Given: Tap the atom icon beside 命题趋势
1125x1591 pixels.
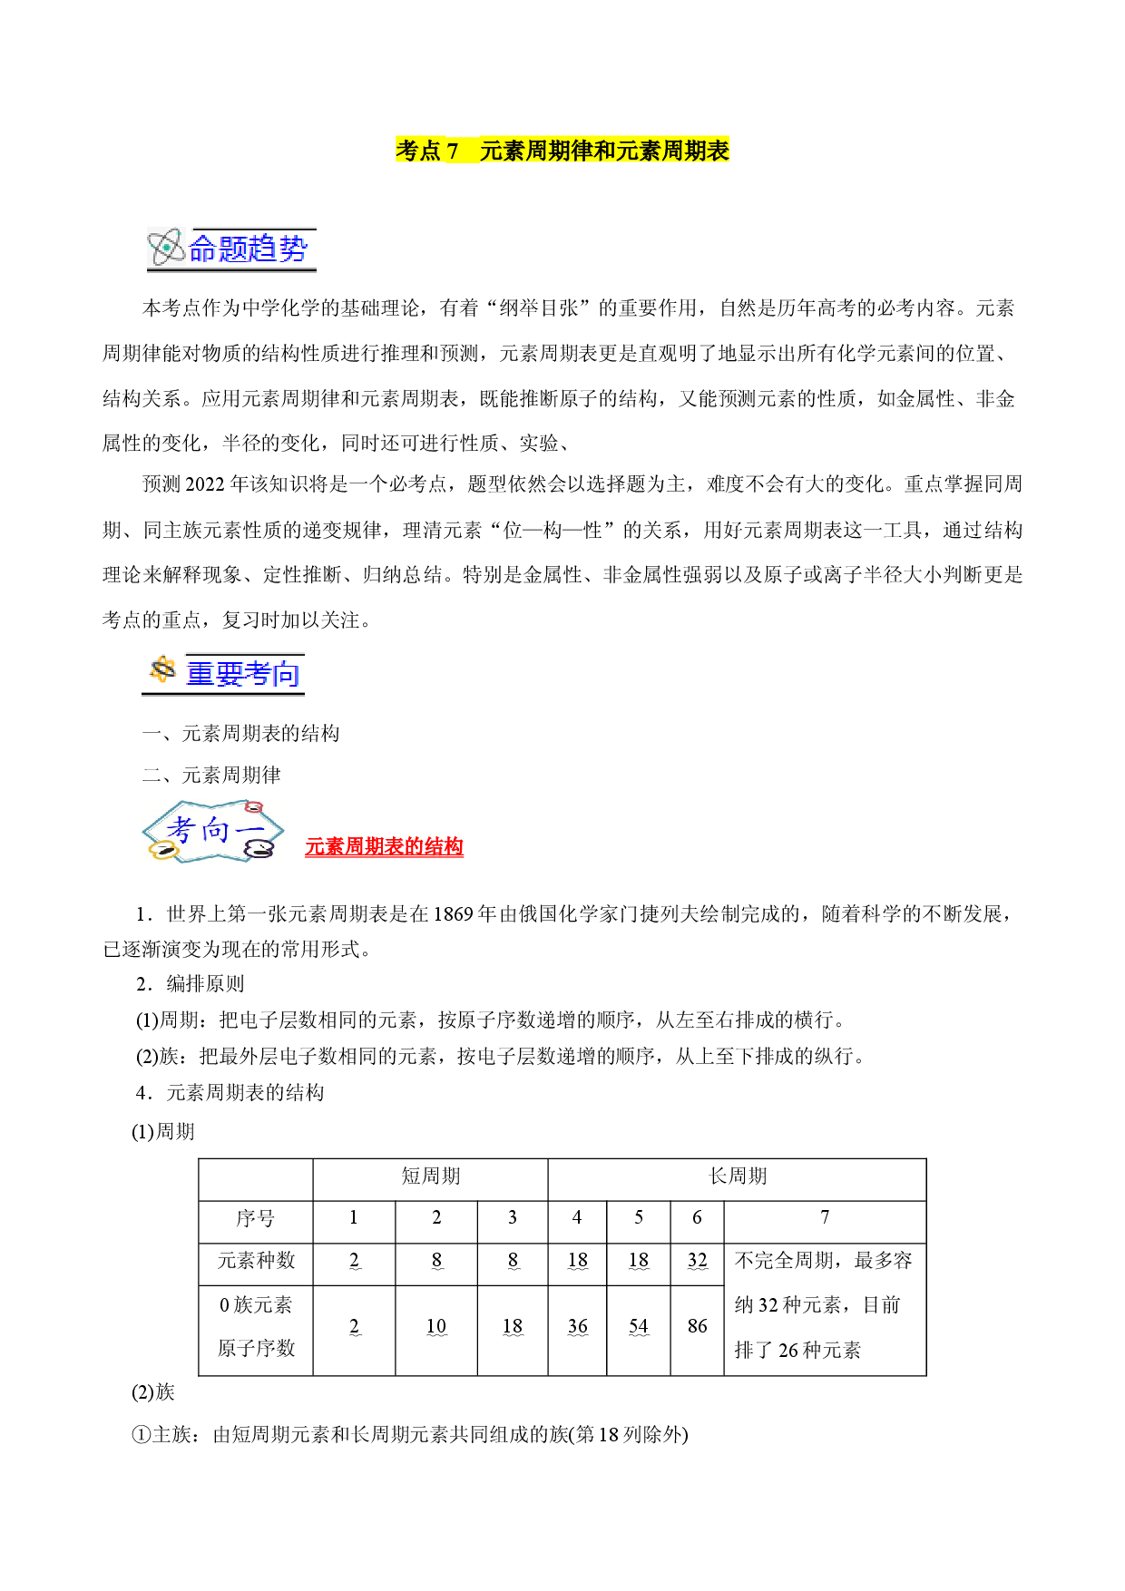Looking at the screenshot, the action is [167, 248].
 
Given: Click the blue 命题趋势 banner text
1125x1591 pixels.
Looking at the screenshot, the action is [249, 249].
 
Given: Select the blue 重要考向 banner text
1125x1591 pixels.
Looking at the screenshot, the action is [242, 674].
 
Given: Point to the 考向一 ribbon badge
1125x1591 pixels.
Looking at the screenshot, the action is [213, 831].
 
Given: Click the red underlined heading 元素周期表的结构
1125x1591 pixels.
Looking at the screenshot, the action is [384, 846].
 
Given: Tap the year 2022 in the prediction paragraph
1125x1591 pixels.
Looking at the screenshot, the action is [205, 484].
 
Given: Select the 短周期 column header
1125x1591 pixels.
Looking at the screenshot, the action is [431, 1176].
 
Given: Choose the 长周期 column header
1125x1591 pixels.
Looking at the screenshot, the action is [738, 1176].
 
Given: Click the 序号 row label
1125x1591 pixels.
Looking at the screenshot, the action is [255, 1218].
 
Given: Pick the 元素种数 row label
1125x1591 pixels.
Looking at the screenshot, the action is [256, 1261].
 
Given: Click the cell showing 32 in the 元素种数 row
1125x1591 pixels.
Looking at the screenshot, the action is [697, 1260].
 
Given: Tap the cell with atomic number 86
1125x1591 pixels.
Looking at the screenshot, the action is [697, 1326].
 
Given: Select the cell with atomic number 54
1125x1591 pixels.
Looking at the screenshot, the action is [639, 1326].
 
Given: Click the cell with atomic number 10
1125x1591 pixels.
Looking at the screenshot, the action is [436, 1326].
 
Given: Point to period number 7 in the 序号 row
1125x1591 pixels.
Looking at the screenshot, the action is [825, 1217].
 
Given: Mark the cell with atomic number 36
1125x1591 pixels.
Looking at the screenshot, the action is [578, 1326].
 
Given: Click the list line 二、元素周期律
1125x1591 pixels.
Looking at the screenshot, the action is [211, 775].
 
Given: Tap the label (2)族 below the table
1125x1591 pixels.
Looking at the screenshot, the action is [153, 1392].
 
